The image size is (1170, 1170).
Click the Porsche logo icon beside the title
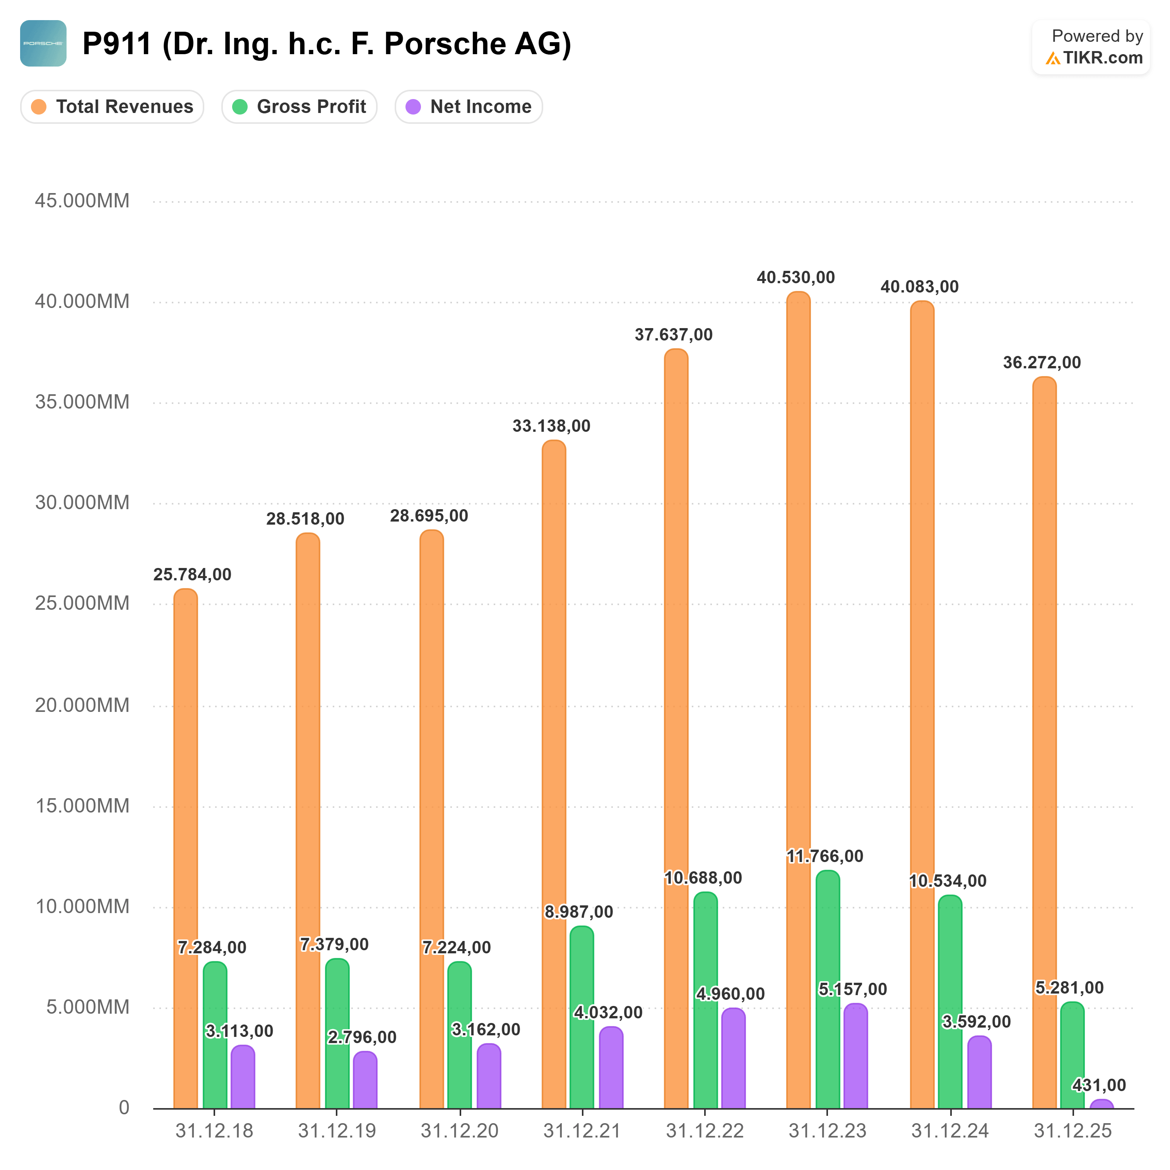point(43,43)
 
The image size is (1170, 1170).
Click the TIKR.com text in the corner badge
point(1102,58)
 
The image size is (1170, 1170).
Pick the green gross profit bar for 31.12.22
point(705,1001)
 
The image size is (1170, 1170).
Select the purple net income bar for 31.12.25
point(1102,1104)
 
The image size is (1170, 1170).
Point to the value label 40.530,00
point(796,277)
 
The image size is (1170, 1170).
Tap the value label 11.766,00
point(825,856)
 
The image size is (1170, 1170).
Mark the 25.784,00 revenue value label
point(192,574)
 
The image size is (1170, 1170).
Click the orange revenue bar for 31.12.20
point(432,819)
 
